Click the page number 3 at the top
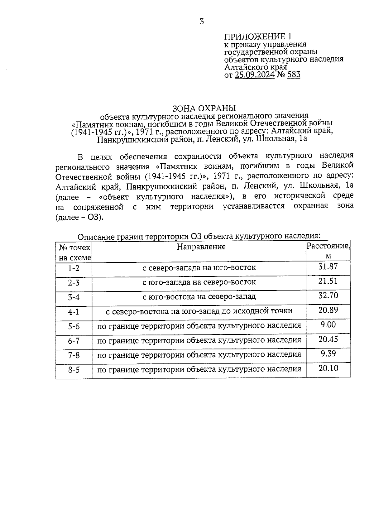pos(202,22)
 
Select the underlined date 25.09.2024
pos(255,75)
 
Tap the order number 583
pos(294,75)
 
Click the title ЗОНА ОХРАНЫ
pos(204,108)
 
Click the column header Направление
pos(201,247)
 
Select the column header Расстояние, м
pos(328,251)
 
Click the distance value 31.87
pos(328,267)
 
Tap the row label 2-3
pos(74,283)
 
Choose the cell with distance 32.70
pos(328,296)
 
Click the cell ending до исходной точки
pos(199,311)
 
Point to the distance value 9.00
pos(328,325)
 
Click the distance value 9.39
pos(328,354)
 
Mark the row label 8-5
pos(74,370)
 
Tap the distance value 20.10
pos(328,368)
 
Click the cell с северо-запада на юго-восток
pos(199,267)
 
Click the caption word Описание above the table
pos(95,237)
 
